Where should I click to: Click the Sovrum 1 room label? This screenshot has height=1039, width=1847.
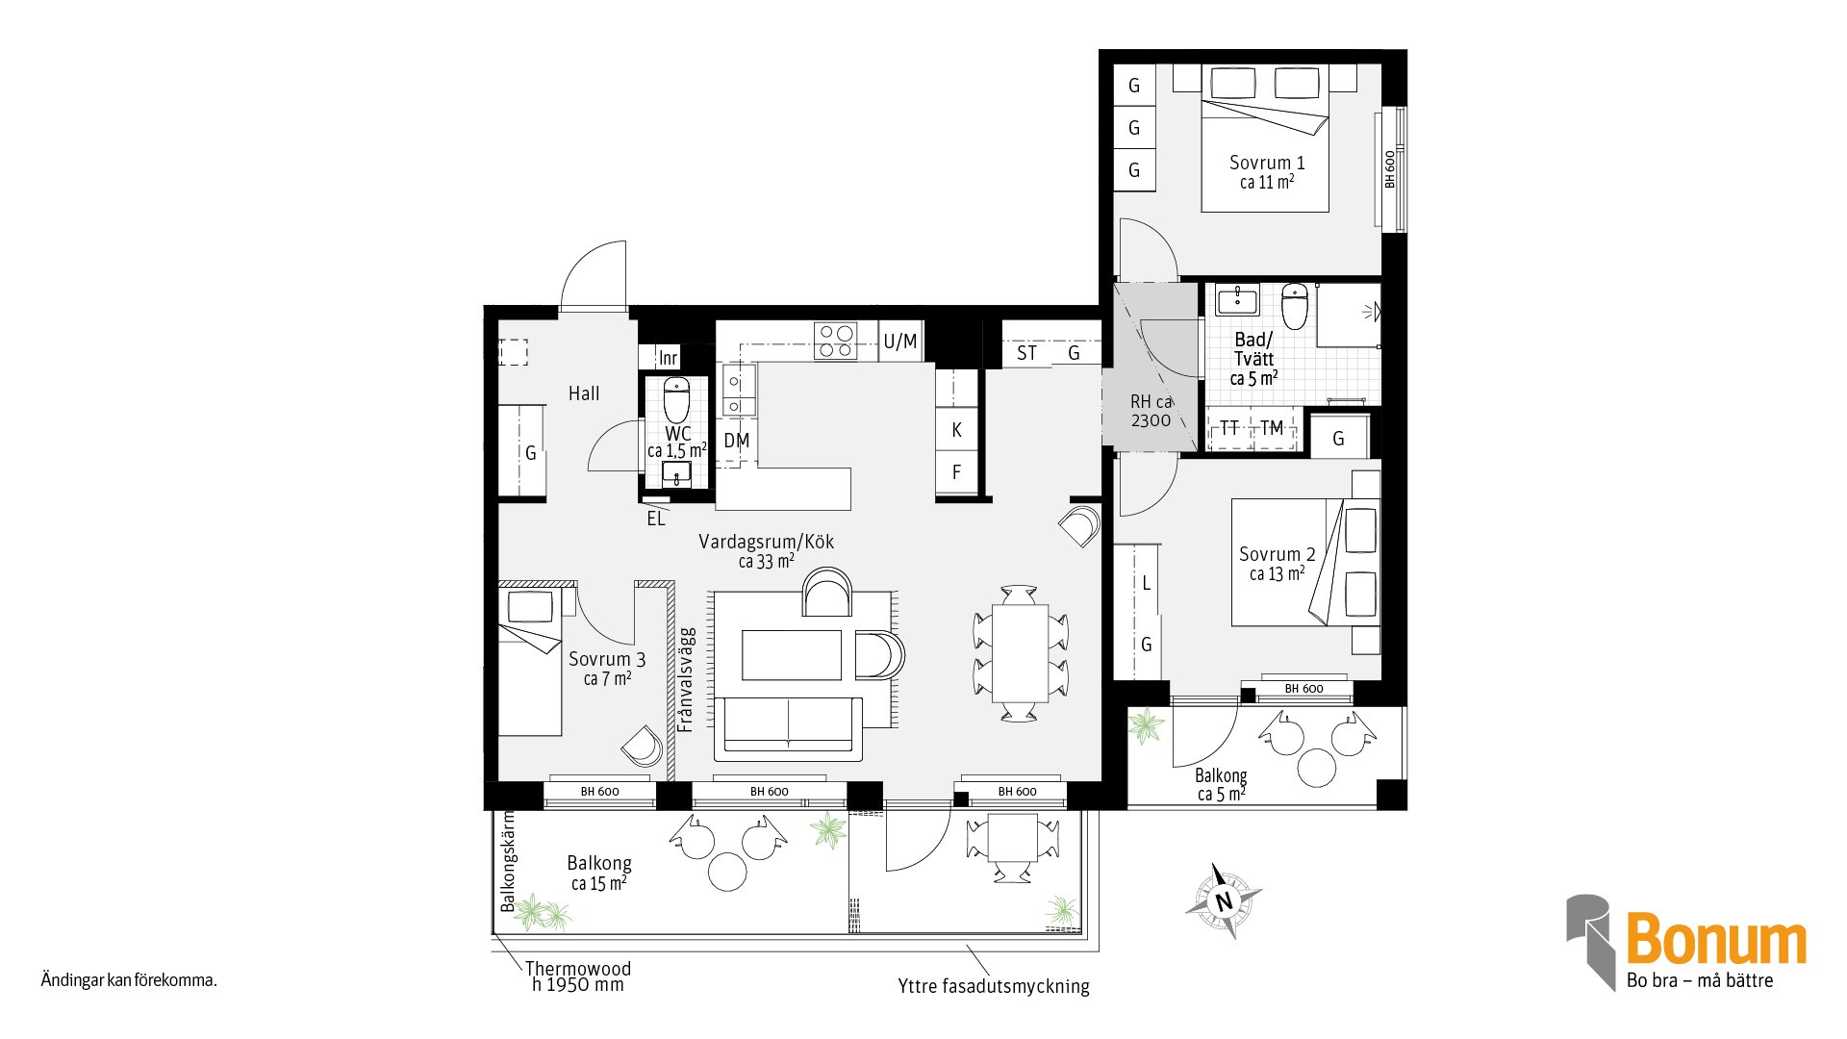pos(1266,163)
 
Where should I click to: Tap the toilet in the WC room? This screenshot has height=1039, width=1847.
pos(676,399)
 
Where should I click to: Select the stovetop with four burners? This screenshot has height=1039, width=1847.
pos(835,341)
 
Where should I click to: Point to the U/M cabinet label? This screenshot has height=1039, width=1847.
pos(900,342)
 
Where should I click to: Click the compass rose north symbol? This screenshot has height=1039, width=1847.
pos(1223,900)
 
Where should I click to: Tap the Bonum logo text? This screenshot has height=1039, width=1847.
pos(1716,939)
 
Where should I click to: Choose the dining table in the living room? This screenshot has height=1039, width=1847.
pos(1020,652)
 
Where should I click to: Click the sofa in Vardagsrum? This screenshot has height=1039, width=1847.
pos(789,728)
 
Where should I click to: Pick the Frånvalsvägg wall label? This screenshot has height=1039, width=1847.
pos(685,680)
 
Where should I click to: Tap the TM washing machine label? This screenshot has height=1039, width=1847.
pos(1272,428)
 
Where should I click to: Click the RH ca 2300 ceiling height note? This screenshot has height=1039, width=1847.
pos(1151,411)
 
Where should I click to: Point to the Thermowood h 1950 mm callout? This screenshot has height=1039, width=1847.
pos(577,976)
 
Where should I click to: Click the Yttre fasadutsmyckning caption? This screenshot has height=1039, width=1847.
pos(994,986)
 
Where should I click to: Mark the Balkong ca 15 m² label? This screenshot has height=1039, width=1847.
pos(599,873)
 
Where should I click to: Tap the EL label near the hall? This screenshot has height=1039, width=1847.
pos(656,519)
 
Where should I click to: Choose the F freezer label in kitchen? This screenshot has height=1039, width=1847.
pos(956,472)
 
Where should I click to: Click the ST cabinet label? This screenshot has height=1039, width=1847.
pos(1026,353)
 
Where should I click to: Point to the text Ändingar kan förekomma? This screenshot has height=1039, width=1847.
pos(129,981)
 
